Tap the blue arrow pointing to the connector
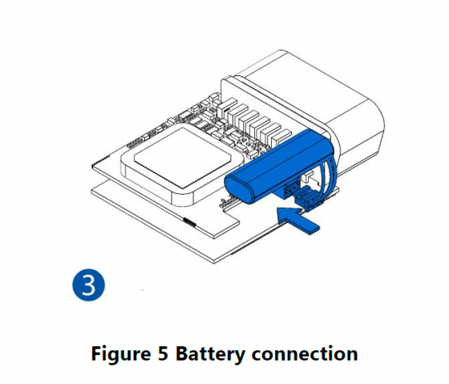tap(297, 221)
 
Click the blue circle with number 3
tap(89, 285)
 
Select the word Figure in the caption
tap(121, 354)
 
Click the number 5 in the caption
tap(163, 353)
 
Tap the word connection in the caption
tap(305, 354)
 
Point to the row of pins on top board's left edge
tap(100, 161)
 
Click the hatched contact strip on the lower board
tap(189, 222)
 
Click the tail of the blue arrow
tap(314, 228)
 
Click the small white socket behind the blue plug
tap(309, 176)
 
